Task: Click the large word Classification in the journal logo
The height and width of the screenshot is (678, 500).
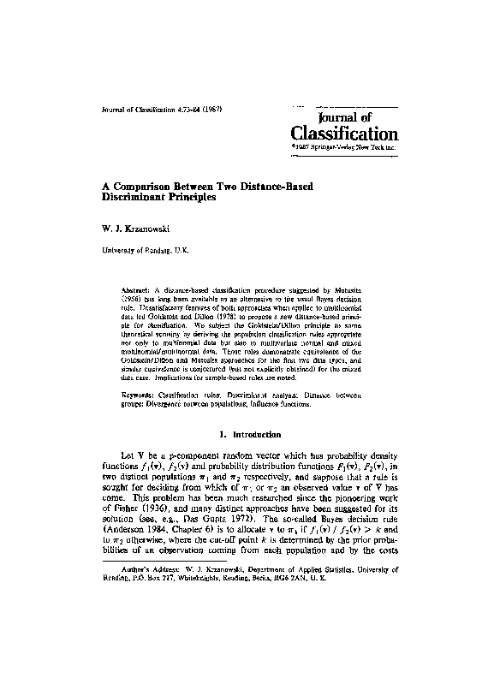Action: click(345, 134)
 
